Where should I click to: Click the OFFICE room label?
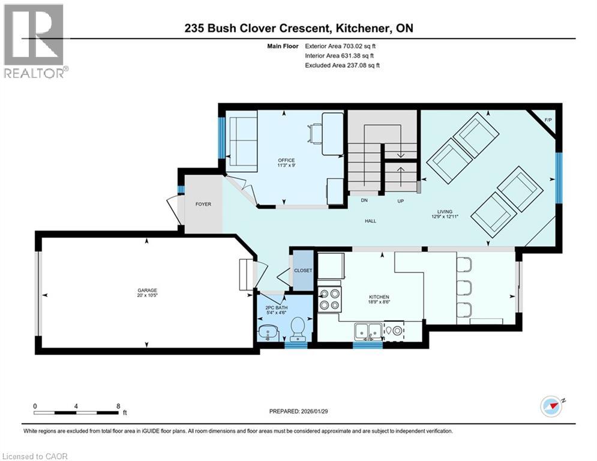[x=286, y=160]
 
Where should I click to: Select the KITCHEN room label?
[x=379, y=297]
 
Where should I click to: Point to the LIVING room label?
[x=445, y=211]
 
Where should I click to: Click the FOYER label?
[x=203, y=204]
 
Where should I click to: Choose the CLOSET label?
[x=303, y=271]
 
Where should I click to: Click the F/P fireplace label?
[x=547, y=121]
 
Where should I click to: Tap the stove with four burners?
[x=329, y=298]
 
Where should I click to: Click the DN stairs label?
[x=364, y=201]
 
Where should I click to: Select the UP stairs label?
[x=400, y=201]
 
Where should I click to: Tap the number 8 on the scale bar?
[x=118, y=406]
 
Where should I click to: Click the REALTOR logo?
[x=34, y=41]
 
